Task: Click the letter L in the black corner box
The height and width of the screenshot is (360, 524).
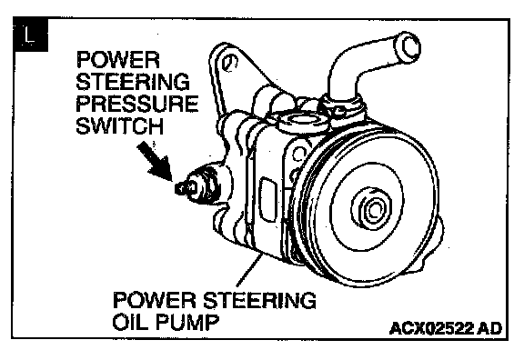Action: (30, 35)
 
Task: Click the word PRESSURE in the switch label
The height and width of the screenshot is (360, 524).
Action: (137, 104)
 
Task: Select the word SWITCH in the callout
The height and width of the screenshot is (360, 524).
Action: (120, 125)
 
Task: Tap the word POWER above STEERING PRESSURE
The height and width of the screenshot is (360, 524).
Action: (118, 60)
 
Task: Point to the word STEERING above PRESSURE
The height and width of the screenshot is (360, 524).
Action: (133, 82)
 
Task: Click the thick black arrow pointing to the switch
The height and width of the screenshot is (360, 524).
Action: (155, 160)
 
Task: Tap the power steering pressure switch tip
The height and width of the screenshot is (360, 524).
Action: (181, 189)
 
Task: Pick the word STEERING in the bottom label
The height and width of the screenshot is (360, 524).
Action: (259, 300)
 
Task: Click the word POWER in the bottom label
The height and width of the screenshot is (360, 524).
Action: (155, 300)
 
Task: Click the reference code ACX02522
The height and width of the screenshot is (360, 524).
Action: (431, 328)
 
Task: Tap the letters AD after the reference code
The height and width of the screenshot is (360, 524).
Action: (490, 328)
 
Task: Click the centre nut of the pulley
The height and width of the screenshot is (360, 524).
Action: (371, 210)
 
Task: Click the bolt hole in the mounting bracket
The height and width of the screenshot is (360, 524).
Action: (229, 63)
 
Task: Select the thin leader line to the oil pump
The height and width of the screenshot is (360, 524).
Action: (248, 270)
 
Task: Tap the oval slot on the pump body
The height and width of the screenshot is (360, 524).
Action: (269, 200)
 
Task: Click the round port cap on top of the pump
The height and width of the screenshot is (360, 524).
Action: (302, 121)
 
